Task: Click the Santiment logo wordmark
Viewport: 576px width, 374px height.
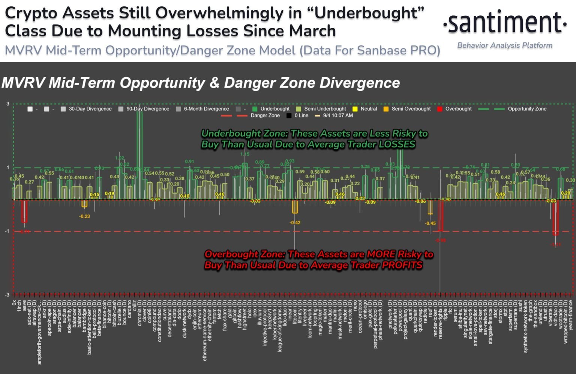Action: coord(505,23)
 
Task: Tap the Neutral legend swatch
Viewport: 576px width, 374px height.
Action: coord(355,109)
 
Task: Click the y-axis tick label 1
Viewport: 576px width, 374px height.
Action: coord(8,168)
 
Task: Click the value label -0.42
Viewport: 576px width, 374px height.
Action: coord(295,223)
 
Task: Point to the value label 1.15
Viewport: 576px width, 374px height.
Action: coord(244,154)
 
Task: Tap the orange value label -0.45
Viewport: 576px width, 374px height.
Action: coord(430,224)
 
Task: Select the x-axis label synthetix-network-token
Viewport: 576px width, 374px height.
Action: coord(526,326)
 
